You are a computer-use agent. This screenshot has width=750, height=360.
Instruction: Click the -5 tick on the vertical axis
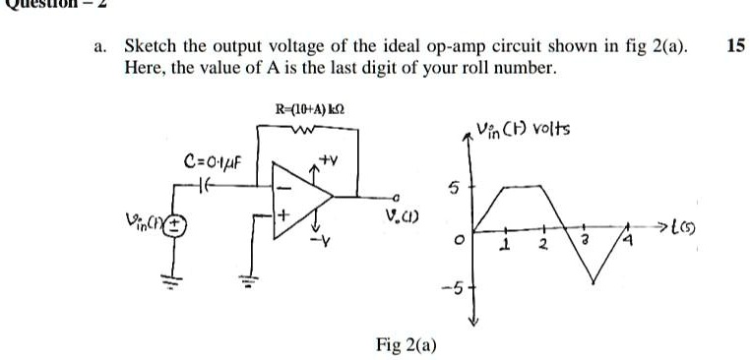450,286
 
